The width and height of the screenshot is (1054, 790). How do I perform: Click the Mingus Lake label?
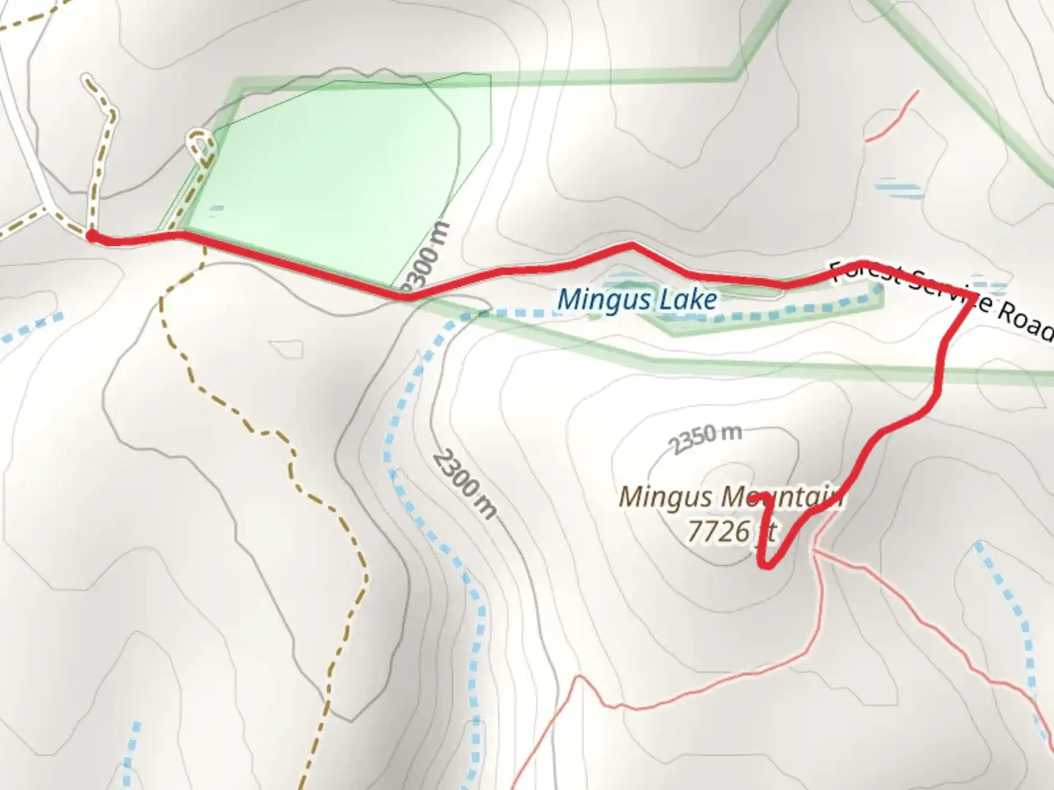637,299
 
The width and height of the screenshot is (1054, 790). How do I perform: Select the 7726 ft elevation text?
730,532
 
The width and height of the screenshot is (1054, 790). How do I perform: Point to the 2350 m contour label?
704,437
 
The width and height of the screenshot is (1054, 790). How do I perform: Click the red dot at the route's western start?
91,235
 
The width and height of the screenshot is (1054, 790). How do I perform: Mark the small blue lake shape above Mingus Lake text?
624,279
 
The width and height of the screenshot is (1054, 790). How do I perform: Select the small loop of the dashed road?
199,140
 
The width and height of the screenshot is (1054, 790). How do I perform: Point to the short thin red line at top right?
891,116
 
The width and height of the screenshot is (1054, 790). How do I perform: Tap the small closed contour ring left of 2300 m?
286,350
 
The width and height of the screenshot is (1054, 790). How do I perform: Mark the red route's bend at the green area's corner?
407,296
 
